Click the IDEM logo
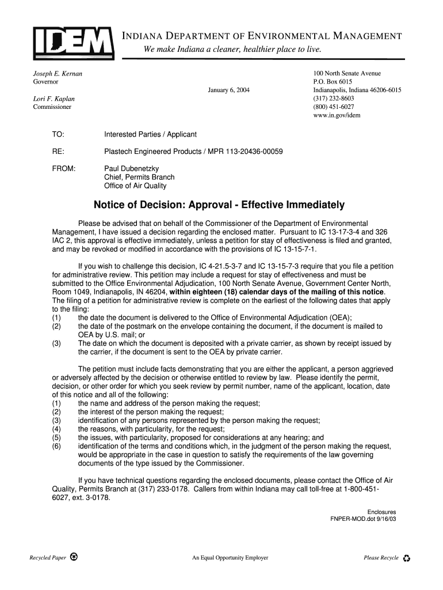click(x=73, y=41)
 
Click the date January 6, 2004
click(x=228, y=90)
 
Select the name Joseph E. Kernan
click(x=57, y=74)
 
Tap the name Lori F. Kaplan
click(x=54, y=99)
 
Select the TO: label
click(x=58, y=134)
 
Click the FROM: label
click(x=64, y=169)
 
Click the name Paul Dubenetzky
click(x=131, y=169)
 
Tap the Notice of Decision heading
click(x=219, y=205)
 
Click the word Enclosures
click(x=381, y=512)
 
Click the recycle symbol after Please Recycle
click(x=407, y=558)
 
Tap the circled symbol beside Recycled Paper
click(x=74, y=557)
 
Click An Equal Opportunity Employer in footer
click(x=230, y=558)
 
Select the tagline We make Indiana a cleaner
click(x=232, y=50)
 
